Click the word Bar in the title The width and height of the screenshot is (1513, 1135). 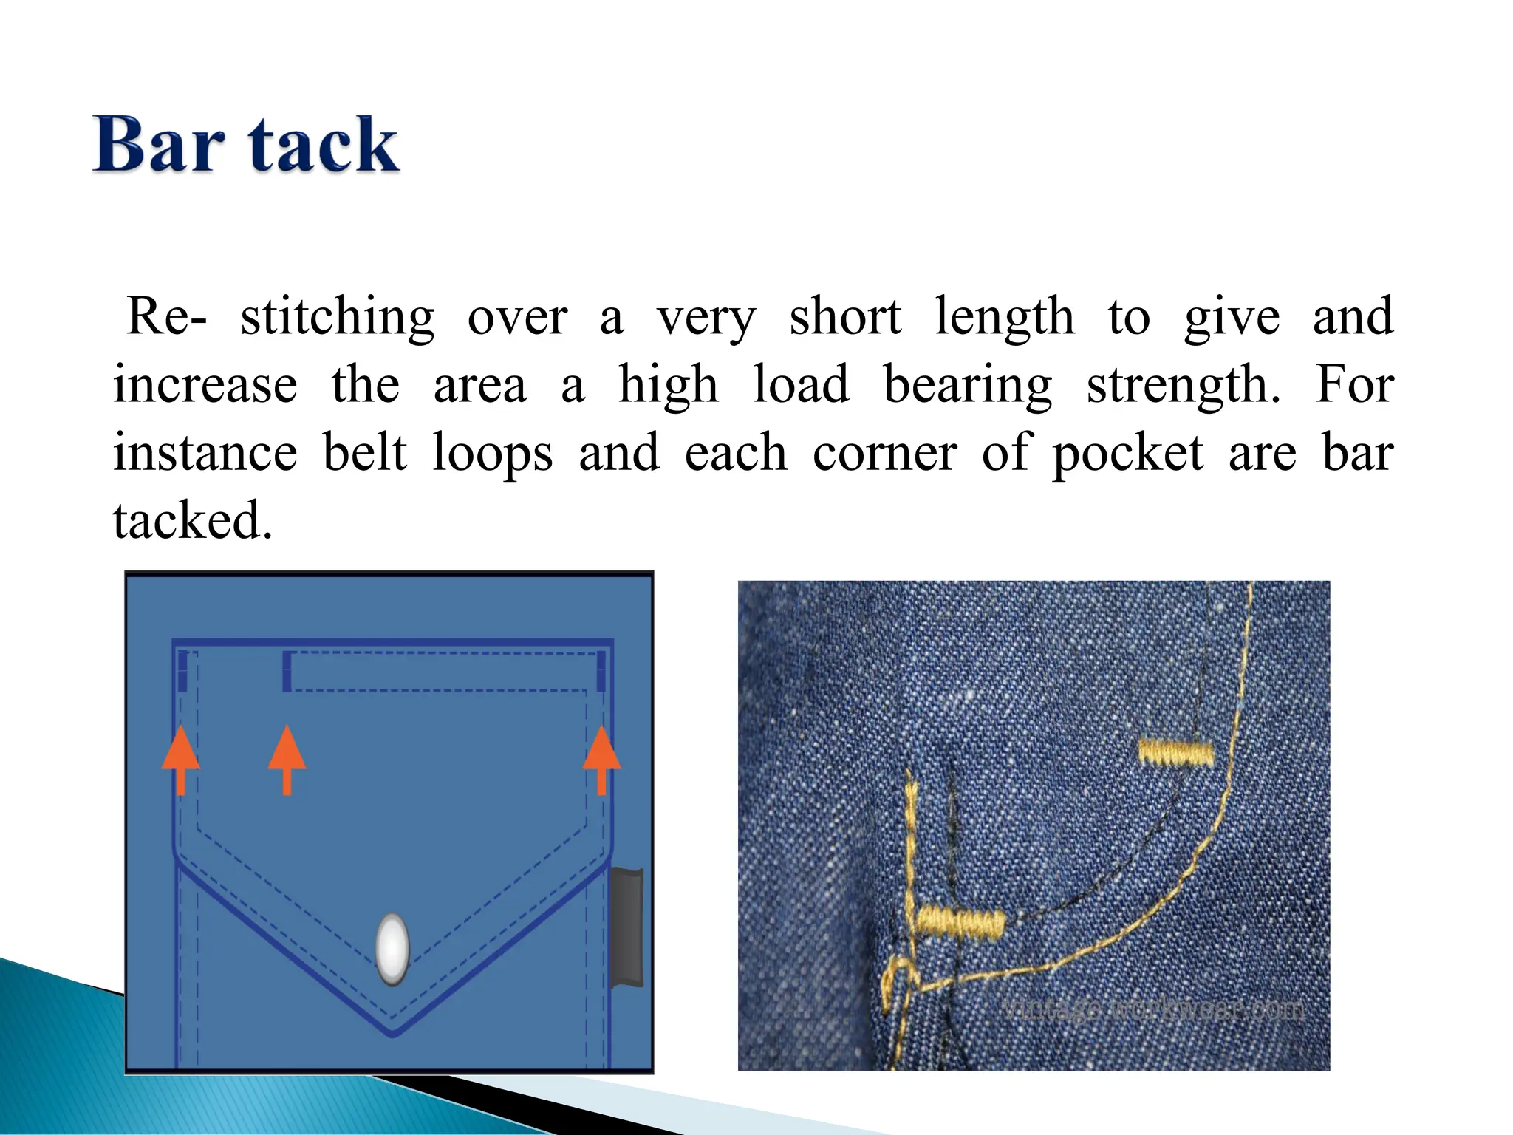click(x=158, y=145)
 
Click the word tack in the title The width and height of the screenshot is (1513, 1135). click(x=324, y=145)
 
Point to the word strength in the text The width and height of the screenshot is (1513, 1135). click(x=1183, y=386)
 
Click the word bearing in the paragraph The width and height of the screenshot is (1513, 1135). click(x=968, y=386)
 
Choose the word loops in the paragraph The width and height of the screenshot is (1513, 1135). click(x=492, y=454)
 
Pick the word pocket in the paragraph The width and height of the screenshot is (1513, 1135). click(x=1127, y=454)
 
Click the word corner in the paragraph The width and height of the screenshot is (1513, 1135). click(x=885, y=454)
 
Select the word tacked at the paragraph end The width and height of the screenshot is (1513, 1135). click(x=193, y=520)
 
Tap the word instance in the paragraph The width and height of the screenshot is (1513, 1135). click(x=205, y=452)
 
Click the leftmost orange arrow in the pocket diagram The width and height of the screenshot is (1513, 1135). click(x=181, y=759)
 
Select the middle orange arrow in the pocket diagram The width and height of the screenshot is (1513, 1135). click(x=287, y=759)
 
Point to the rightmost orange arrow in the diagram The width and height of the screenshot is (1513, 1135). click(x=601, y=759)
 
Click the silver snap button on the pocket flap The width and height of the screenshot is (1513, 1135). click(x=392, y=950)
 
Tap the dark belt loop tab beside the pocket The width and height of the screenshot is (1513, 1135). click(x=627, y=927)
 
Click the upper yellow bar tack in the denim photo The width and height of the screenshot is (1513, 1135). click(x=1175, y=752)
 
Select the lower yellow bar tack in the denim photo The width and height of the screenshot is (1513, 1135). click(x=960, y=922)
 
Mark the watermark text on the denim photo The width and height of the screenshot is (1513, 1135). click(x=1155, y=1009)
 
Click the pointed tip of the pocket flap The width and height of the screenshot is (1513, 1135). click(x=392, y=1032)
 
